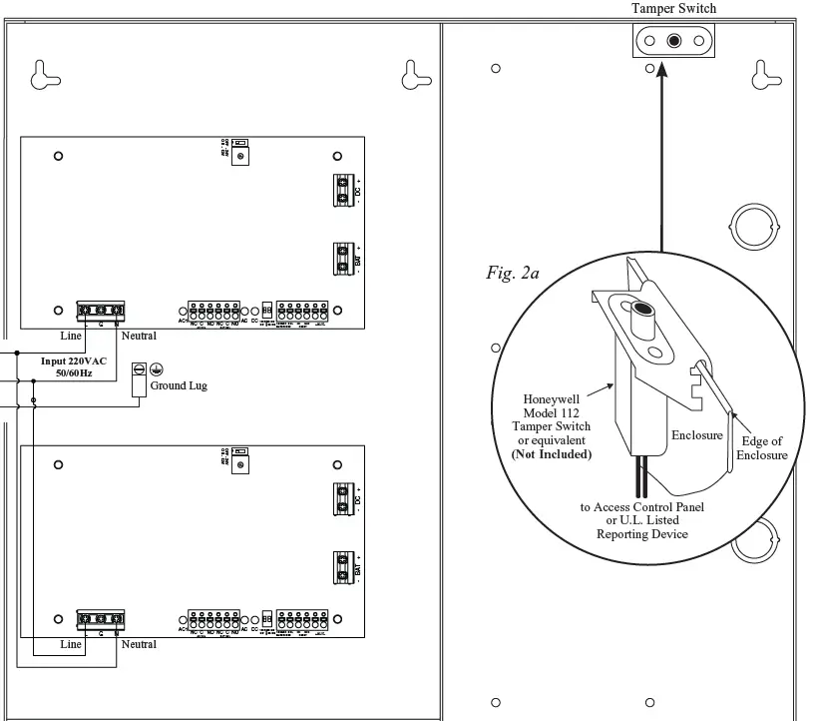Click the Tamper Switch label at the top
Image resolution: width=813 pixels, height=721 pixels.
674,9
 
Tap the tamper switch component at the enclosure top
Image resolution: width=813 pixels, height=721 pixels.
675,41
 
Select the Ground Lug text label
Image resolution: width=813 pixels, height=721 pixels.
179,385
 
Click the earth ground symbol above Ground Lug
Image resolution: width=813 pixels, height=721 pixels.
157,368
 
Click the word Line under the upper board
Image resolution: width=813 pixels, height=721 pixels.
71,337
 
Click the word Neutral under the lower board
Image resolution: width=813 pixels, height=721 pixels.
139,644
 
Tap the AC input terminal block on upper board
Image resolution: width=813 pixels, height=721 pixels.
101,311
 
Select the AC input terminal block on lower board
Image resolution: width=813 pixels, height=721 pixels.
101,619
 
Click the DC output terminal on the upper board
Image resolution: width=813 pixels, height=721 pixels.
342,190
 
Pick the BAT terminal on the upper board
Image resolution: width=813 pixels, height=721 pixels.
342,259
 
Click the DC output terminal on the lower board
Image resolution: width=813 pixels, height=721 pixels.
342,498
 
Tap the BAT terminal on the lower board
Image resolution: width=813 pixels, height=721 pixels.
342,567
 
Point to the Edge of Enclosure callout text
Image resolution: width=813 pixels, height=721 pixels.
761,448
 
